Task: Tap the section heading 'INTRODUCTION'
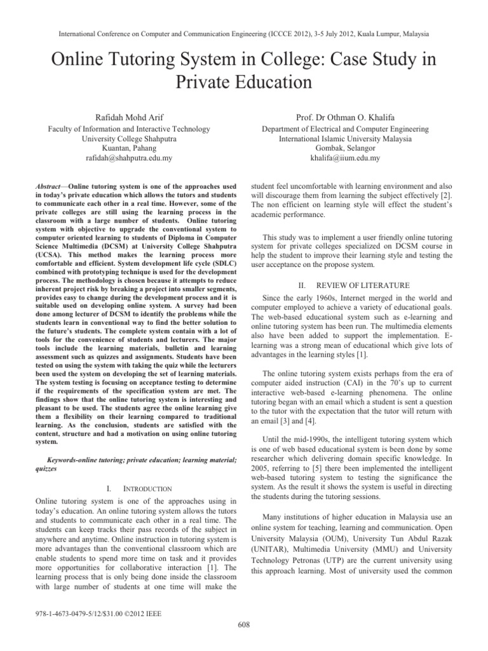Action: (147, 488)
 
